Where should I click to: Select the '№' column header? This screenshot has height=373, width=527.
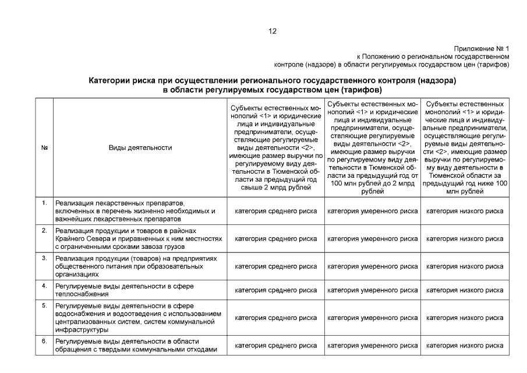coord(44,148)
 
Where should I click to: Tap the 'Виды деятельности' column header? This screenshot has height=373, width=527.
coord(140,148)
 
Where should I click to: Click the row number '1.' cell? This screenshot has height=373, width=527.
coord(44,203)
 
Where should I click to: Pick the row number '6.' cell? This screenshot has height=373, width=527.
coord(44,341)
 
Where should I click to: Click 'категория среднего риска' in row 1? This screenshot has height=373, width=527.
coord(275,211)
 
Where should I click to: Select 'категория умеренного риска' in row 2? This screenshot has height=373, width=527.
coord(372,239)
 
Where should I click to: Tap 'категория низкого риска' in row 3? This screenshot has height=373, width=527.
coord(465,266)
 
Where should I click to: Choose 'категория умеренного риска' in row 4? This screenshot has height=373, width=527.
coord(372,290)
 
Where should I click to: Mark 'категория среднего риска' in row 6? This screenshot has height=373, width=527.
coord(275,346)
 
